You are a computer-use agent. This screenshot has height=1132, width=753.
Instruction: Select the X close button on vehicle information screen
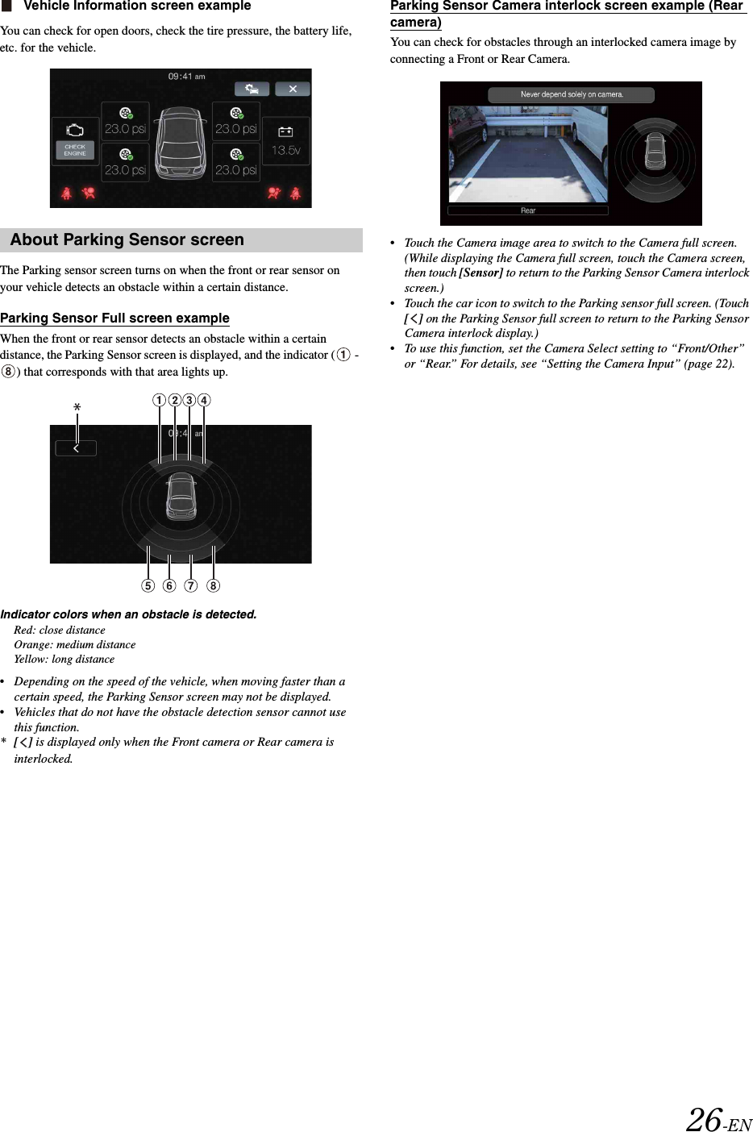[x=293, y=89]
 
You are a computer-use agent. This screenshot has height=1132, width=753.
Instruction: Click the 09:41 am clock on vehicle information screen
[x=186, y=77]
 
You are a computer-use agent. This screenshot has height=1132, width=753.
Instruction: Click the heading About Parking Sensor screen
[x=127, y=240]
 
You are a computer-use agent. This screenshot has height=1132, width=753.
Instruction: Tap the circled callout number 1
[x=160, y=400]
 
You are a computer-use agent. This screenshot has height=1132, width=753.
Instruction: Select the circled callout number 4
[x=204, y=400]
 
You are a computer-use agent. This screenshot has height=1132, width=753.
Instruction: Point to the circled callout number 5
[x=148, y=585]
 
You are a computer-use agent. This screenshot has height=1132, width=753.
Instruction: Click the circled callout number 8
[x=213, y=585]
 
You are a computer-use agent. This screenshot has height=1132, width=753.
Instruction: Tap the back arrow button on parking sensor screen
[x=76, y=448]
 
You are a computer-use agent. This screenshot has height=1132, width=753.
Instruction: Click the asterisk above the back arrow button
[x=77, y=408]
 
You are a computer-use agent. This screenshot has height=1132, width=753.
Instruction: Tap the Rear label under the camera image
[x=527, y=210]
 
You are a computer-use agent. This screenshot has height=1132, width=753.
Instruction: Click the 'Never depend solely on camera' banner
[x=571, y=94]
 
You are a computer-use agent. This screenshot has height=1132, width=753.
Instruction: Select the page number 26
[x=704, y=1119]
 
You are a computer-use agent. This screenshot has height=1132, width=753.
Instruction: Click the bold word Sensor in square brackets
[x=481, y=273]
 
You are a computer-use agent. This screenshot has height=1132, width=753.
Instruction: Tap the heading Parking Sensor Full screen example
[x=114, y=318]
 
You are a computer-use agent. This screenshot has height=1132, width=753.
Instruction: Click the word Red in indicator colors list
[x=23, y=631]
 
